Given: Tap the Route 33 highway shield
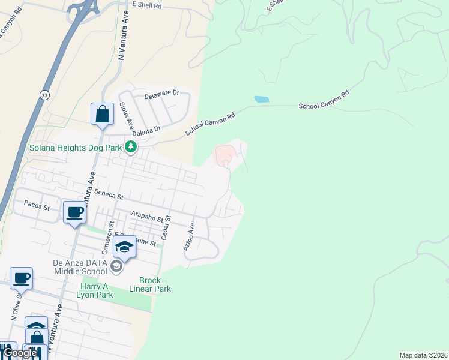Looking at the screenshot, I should pos(44,95).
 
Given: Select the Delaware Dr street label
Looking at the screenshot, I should pos(162,94).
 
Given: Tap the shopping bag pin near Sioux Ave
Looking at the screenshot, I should pos(102,114).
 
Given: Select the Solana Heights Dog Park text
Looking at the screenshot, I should pos(76,147).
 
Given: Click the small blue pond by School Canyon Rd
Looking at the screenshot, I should pos(261,99).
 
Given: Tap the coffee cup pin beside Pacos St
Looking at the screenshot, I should pos(75,212).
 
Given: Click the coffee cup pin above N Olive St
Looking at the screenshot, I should pos(21,278).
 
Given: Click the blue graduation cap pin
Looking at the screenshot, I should pos(124,247).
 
